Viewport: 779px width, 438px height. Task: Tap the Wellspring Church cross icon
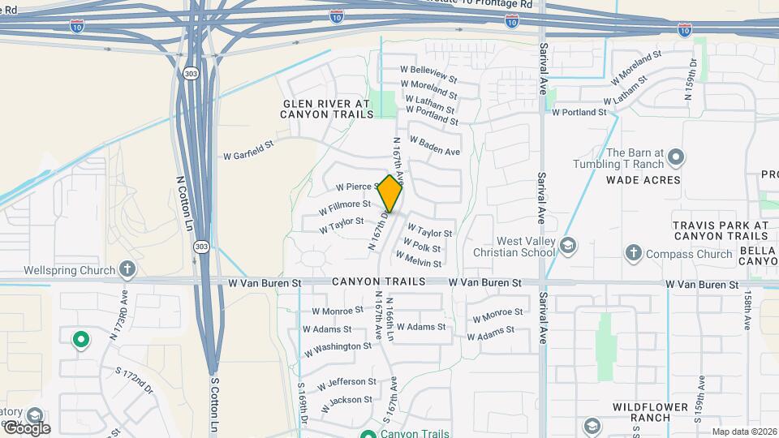click(127, 268)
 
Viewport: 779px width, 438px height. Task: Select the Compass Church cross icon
click(634, 253)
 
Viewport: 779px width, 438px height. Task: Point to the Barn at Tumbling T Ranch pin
click(676, 157)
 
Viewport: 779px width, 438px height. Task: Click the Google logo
click(26, 427)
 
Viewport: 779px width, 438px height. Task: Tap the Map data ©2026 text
click(743, 432)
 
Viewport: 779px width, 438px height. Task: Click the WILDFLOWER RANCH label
click(640, 412)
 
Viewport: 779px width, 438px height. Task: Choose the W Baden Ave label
click(435, 146)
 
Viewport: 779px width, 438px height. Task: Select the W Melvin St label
click(419, 260)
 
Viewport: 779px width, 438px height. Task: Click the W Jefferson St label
click(346, 382)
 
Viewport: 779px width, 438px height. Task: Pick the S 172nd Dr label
click(134, 381)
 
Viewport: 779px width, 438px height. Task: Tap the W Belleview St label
click(429, 73)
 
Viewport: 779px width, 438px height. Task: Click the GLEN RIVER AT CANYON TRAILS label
click(327, 109)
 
